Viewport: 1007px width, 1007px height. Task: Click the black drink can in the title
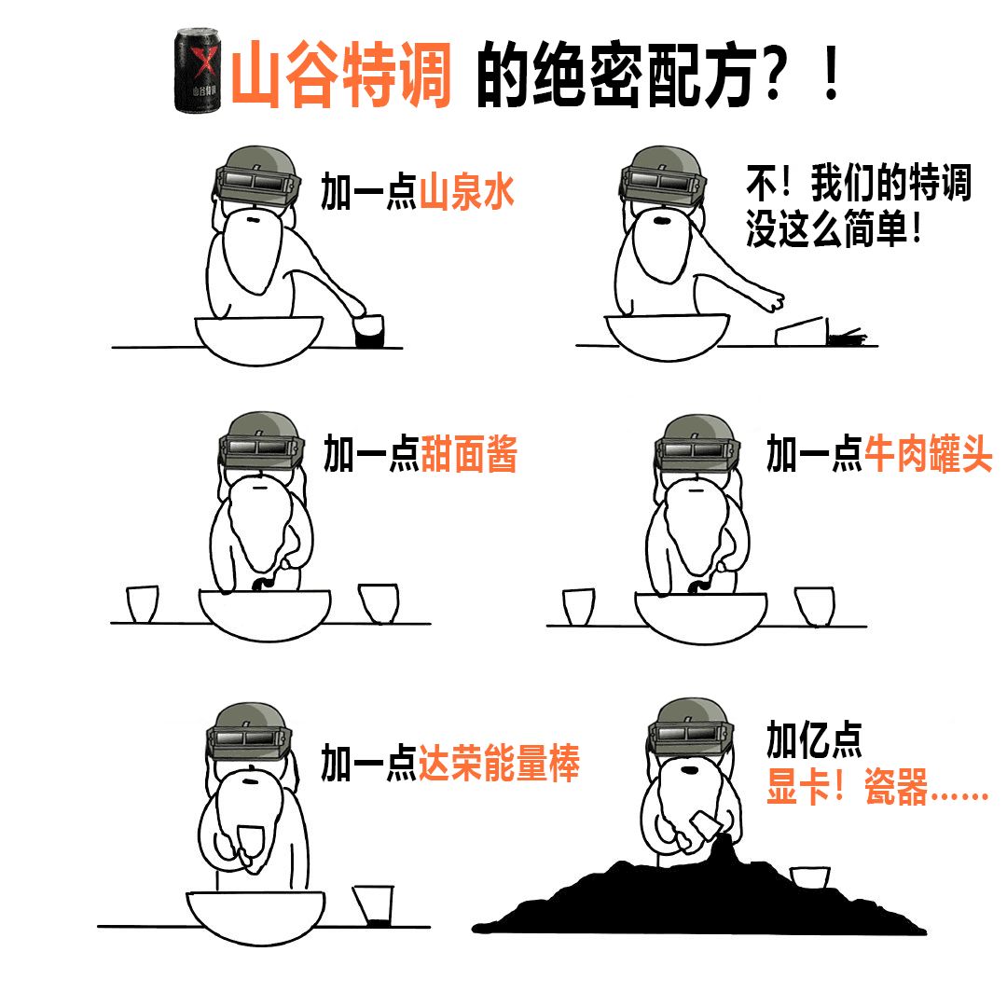(x=198, y=71)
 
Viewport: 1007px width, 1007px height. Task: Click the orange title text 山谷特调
(x=341, y=74)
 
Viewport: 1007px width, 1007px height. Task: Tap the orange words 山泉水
(x=467, y=191)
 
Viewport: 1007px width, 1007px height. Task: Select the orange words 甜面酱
(x=469, y=453)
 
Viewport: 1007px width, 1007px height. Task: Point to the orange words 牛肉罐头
(x=928, y=453)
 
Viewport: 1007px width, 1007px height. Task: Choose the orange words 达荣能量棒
(x=499, y=763)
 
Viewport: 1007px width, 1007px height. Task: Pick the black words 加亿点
(x=814, y=739)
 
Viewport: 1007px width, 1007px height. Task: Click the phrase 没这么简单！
(x=835, y=229)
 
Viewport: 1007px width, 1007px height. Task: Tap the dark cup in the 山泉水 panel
(x=369, y=331)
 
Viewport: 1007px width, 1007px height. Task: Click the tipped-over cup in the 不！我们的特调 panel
(x=801, y=331)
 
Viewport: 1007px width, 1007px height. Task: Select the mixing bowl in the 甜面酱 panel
(x=265, y=614)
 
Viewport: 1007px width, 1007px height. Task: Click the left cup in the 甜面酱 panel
(x=143, y=603)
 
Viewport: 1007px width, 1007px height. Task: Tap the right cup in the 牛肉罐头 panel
(x=814, y=606)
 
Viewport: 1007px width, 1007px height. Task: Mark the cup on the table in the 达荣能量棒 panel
(x=372, y=905)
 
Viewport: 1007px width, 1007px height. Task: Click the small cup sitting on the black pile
(x=809, y=877)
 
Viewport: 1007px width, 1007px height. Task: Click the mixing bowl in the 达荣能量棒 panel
(x=255, y=917)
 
